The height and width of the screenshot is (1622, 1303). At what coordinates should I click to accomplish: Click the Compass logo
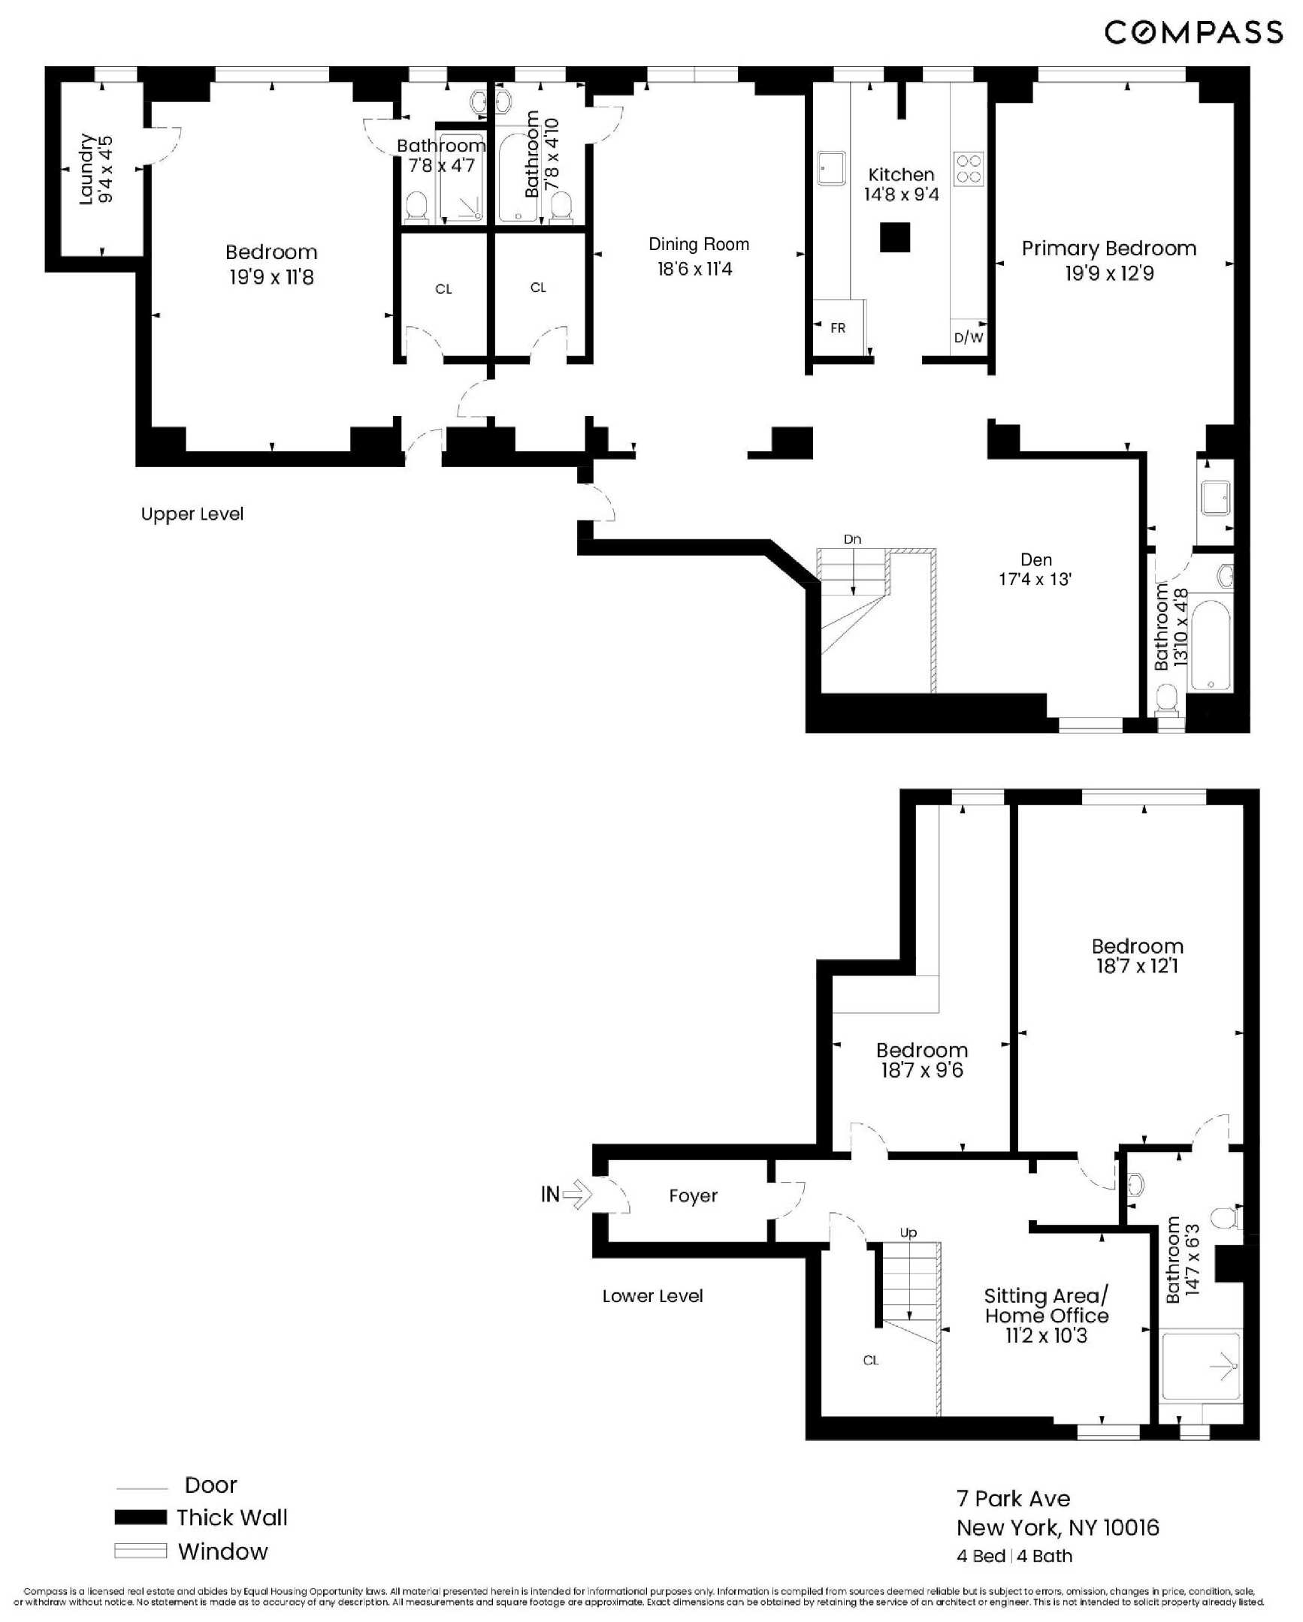pos(1193,32)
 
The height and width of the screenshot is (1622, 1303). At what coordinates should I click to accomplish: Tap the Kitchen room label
pos(900,175)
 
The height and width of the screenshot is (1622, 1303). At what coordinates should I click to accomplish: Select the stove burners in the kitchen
pos(968,169)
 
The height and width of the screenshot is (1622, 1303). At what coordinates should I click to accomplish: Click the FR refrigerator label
pos(837,328)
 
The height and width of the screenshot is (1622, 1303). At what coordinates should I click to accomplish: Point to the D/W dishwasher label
pos(968,338)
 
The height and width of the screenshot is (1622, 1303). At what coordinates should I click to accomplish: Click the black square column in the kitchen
pos(895,238)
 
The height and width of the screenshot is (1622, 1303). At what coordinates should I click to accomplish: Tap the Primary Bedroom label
pos(1108,249)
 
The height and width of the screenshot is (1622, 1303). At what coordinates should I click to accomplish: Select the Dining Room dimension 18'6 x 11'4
pos(694,270)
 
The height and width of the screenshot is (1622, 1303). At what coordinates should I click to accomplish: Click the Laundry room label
pos(86,169)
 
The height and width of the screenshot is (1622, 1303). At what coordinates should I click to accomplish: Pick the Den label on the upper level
pos(1035,559)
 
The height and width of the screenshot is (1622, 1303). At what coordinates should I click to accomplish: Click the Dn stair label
pos(852,539)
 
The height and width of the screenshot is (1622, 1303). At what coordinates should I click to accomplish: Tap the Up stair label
pos(908,1232)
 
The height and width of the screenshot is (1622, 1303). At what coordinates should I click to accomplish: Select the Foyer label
pos(693,1195)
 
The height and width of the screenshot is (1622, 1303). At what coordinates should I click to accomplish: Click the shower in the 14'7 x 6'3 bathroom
pos(1200,1366)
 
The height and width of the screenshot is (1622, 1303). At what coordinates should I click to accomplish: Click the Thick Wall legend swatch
pos(140,1518)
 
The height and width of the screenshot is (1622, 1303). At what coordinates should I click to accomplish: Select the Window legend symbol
pos(140,1551)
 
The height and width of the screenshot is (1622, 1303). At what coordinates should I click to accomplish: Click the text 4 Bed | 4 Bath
pos(1014,1556)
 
